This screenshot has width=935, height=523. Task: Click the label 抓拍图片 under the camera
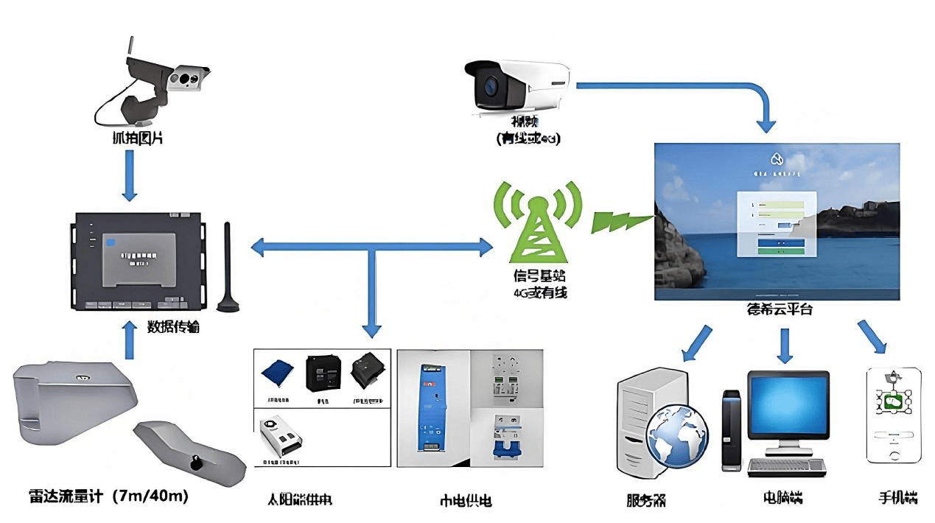pyautogui.click(x=130, y=137)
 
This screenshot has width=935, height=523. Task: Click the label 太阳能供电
pyautogui.click(x=299, y=500)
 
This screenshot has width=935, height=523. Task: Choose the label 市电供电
pyautogui.click(x=465, y=501)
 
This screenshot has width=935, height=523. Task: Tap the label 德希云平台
pyautogui.click(x=779, y=310)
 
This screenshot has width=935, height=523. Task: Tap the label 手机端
pyautogui.click(x=897, y=497)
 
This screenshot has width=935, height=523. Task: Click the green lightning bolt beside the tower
pyautogui.click(x=621, y=219)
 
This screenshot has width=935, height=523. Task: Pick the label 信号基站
pyautogui.click(x=536, y=277)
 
